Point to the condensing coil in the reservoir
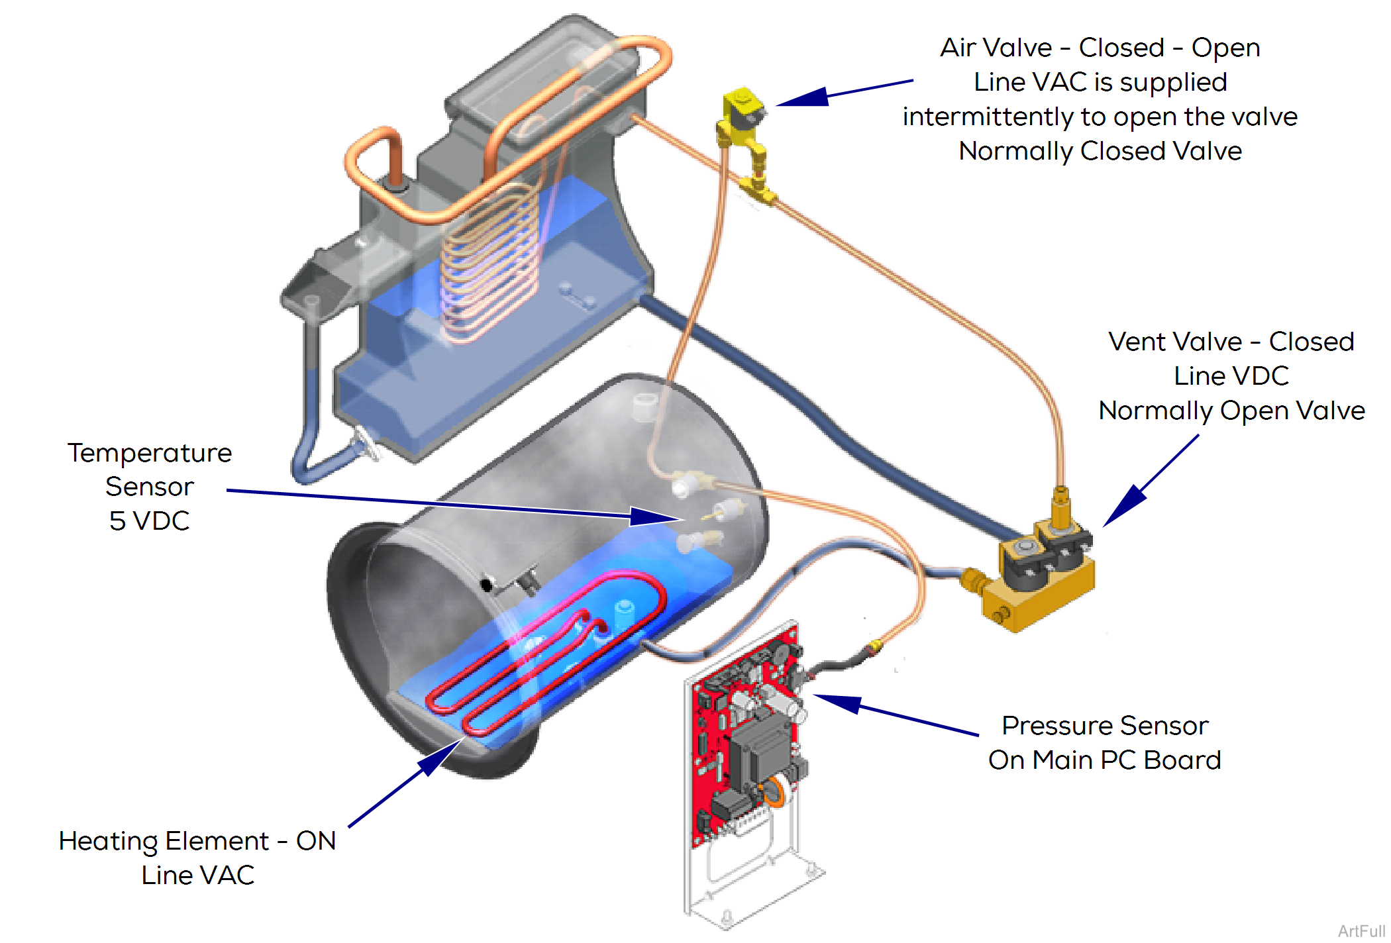[490, 265]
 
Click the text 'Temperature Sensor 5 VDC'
[150, 487]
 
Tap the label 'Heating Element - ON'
[197, 841]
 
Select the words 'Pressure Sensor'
[1105, 726]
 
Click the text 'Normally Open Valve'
[1231, 411]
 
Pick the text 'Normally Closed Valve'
[1100, 151]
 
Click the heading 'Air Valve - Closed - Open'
[1100, 48]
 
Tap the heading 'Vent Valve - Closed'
[1231, 342]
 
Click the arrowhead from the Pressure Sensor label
[839, 702]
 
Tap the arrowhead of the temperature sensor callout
[656, 517]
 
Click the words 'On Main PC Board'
[1105, 760]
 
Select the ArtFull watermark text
[1362, 931]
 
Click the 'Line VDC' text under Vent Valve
[1231, 376]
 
